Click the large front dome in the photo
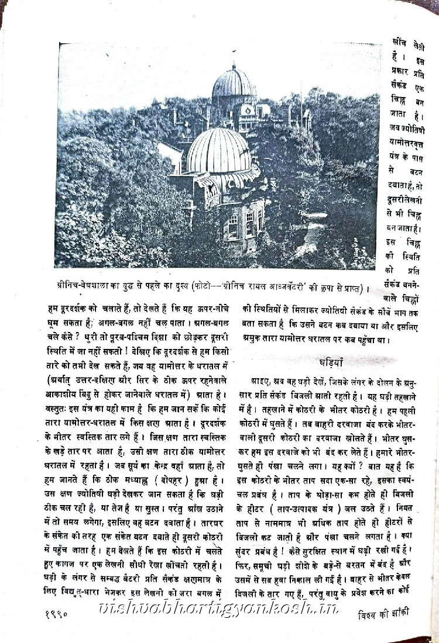(x=219, y=151)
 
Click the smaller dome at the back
(x=234, y=83)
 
